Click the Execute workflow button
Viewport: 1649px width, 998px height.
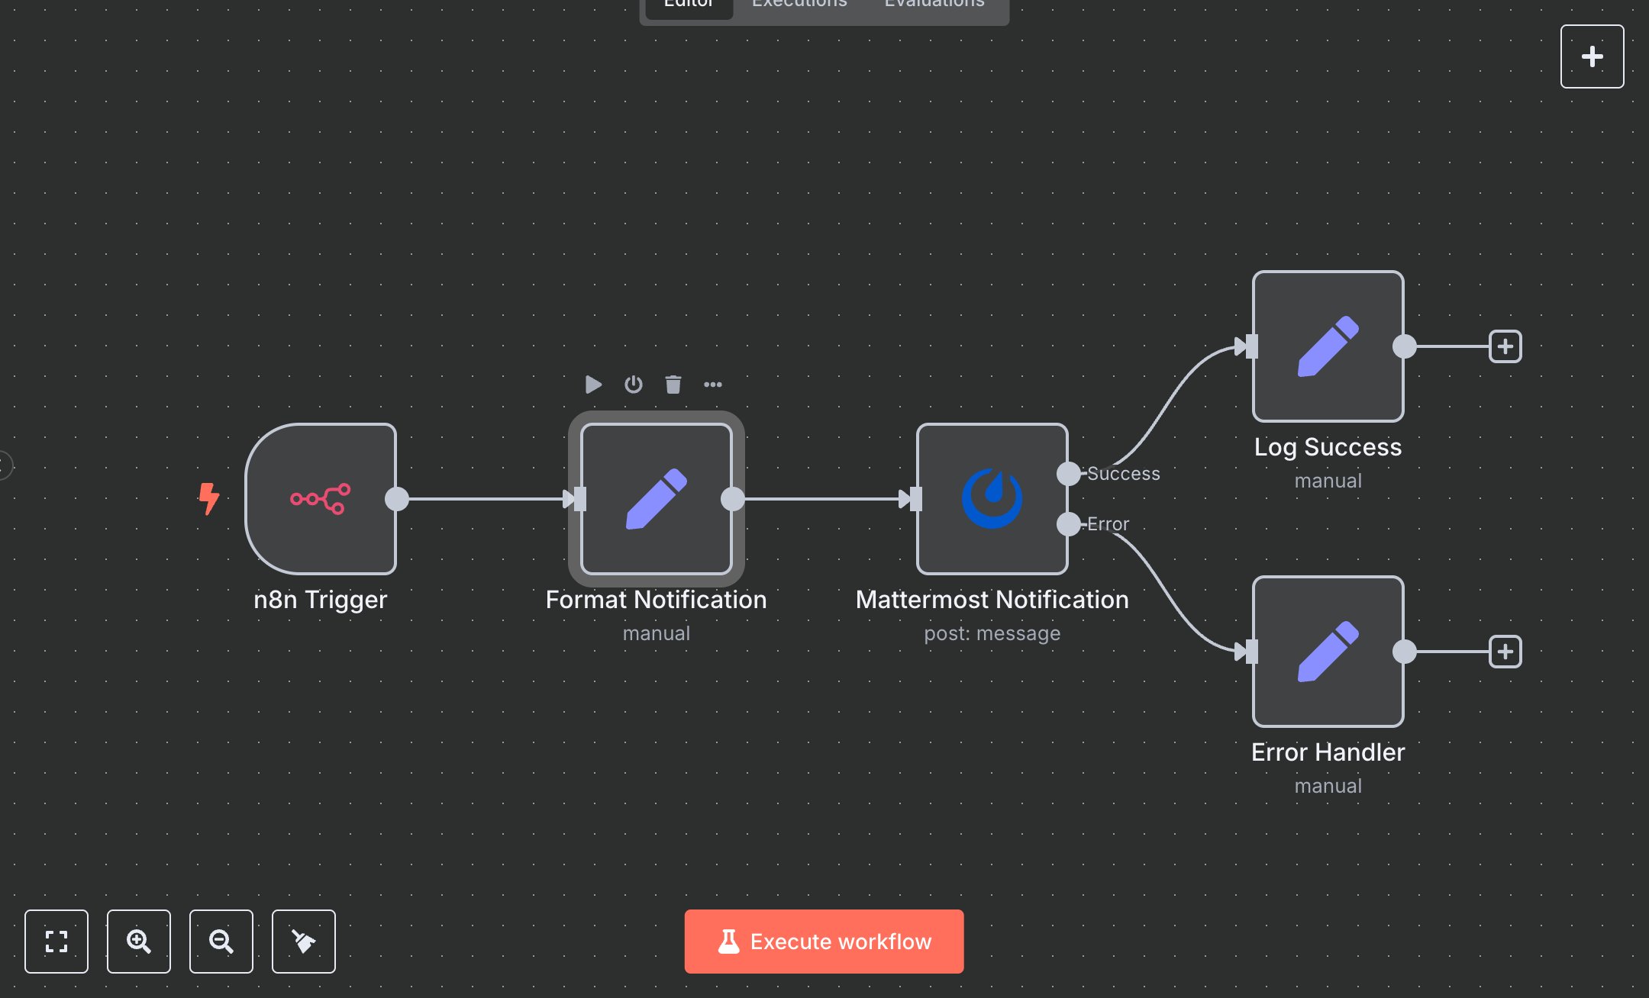(824, 941)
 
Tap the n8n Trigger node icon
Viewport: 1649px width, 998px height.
(321, 499)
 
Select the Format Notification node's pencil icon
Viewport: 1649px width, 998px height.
(657, 499)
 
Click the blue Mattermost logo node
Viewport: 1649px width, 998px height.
(992, 499)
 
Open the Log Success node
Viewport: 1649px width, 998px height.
(1328, 346)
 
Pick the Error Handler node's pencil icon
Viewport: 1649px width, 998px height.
(1328, 652)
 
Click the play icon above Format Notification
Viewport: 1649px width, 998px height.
(593, 384)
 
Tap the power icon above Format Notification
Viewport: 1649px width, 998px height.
(633, 384)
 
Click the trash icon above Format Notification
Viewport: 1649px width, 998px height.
(673, 384)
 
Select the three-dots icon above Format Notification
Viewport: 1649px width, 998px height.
(712, 384)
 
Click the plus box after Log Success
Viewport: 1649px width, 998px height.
(1505, 346)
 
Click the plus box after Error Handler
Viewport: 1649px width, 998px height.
(1505, 652)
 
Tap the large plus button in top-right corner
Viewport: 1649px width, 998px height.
(1592, 56)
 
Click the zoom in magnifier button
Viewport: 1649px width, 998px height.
(139, 941)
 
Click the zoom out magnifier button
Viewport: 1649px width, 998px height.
(221, 941)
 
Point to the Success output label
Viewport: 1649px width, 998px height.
(1123, 474)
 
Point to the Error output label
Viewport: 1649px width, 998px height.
(1108, 524)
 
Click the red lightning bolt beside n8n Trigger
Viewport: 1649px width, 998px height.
(208, 498)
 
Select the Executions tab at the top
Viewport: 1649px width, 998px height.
(799, 5)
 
